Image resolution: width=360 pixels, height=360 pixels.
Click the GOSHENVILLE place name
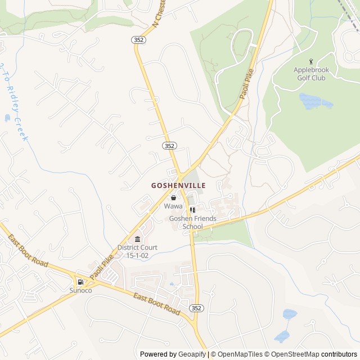(178, 185)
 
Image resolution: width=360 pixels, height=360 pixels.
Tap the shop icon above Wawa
(173, 197)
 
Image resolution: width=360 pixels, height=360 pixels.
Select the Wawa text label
(173, 206)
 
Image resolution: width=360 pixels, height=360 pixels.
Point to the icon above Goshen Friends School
(192, 210)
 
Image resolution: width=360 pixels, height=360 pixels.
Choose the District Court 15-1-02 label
(137, 251)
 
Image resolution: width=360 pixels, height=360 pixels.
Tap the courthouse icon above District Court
(137, 240)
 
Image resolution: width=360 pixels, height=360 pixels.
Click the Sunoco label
(80, 290)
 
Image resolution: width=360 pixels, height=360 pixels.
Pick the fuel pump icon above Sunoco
(80, 282)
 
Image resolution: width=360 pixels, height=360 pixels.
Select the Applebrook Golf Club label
(310, 74)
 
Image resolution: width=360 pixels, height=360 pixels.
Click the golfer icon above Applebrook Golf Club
(310, 61)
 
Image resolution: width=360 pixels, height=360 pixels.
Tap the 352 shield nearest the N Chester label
(138, 40)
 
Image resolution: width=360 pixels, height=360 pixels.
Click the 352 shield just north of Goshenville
(170, 145)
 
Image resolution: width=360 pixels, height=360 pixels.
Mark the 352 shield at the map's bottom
(196, 308)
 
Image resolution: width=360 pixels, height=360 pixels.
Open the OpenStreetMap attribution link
(292, 354)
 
